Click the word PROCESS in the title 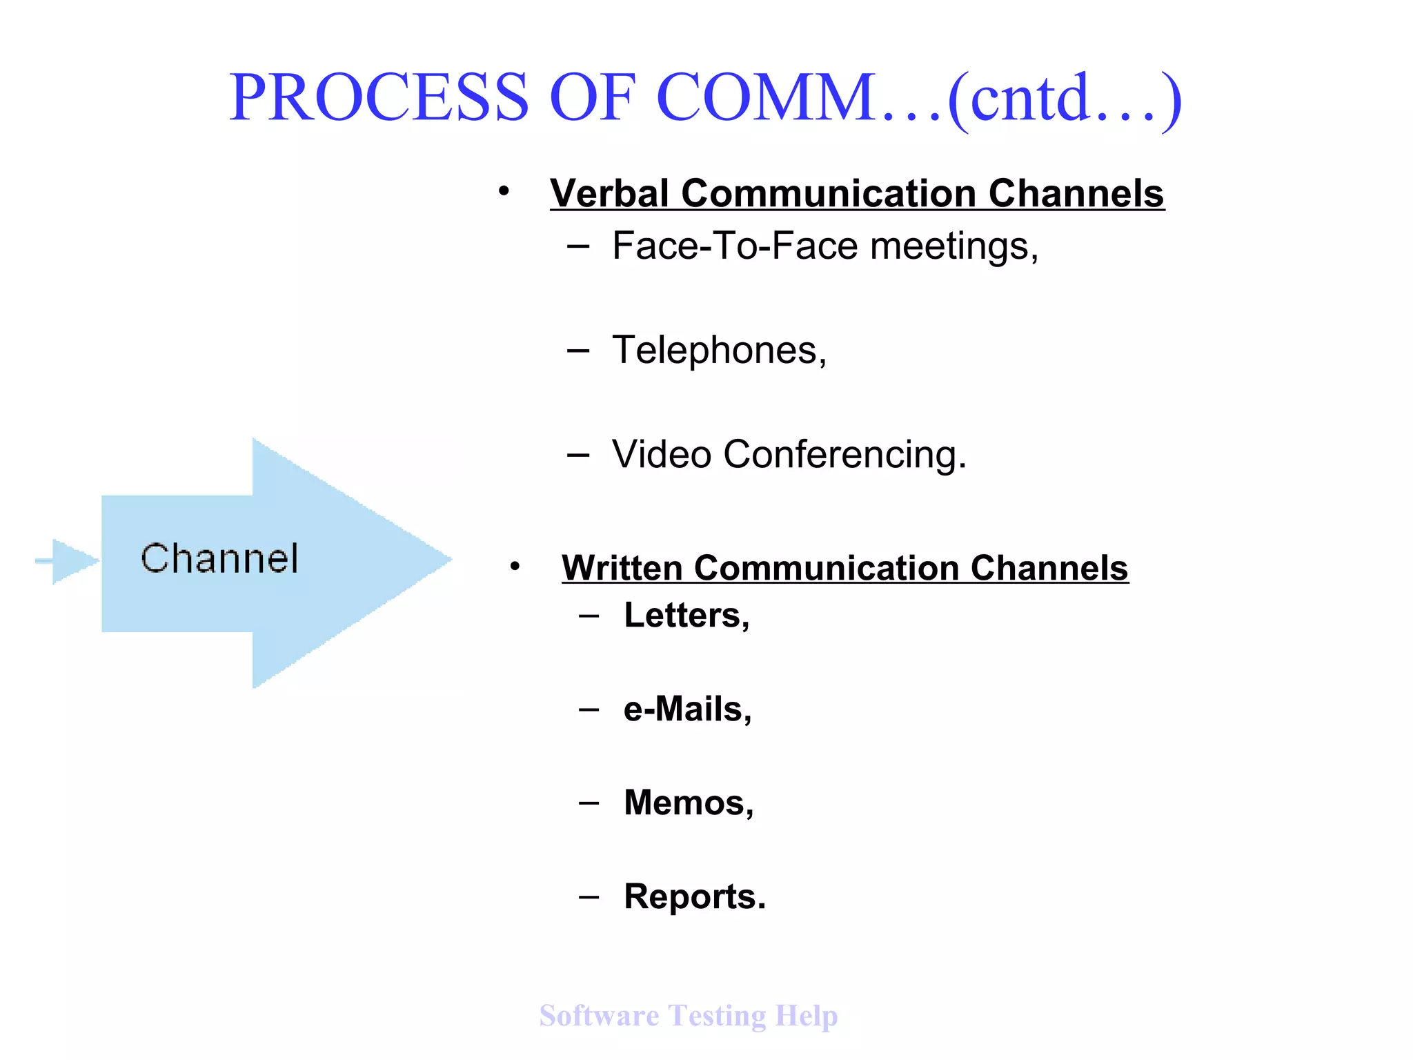click(379, 98)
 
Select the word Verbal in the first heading click(609, 193)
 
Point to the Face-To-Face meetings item click(824, 246)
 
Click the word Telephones click(718, 351)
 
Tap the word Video click(661, 455)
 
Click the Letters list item click(686, 615)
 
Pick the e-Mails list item click(687, 709)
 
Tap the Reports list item click(694, 897)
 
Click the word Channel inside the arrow click(219, 558)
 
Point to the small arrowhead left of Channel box click(72, 561)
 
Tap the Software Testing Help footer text click(688, 1016)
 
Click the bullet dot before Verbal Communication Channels click(504, 191)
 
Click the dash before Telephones click(577, 351)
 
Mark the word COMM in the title click(766, 98)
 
